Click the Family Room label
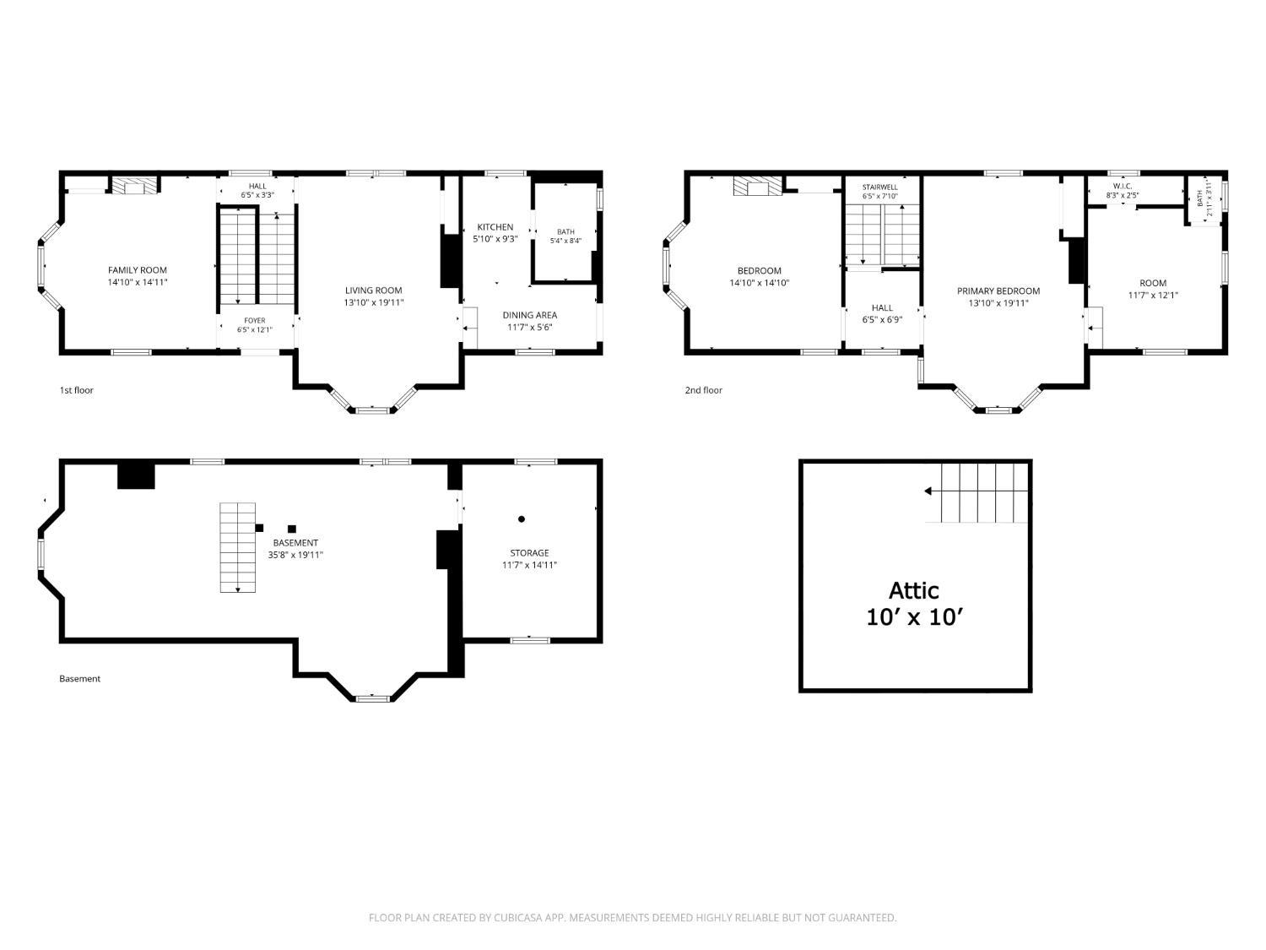click(138, 270)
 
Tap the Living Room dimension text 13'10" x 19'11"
click(374, 302)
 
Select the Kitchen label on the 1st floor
click(495, 227)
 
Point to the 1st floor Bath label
click(565, 232)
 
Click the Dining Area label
click(529, 315)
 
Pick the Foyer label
click(254, 321)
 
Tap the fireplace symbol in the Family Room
click(134, 186)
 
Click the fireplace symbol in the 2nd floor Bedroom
click(757, 187)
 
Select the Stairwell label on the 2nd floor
click(879, 187)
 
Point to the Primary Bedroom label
click(998, 291)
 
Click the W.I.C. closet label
click(1123, 187)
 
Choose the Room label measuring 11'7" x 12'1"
click(1153, 283)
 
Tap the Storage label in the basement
click(529, 552)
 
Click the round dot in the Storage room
click(522, 519)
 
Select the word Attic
click(913, 590)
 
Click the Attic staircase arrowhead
click(928, 491)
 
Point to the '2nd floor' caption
click(703, 390)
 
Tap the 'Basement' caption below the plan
click(79, 679)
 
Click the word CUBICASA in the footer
click(518, 918)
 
